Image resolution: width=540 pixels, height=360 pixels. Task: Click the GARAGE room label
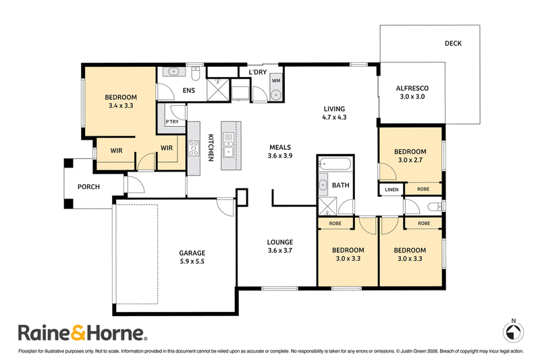pos(192,253)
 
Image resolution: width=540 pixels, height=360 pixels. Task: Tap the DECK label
pos(453,43)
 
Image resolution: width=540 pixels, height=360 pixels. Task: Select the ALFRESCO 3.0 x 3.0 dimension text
pos(412,97)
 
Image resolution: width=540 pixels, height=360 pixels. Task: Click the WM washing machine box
pos(276,80)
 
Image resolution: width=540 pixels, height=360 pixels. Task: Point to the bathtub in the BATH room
pos(335,163)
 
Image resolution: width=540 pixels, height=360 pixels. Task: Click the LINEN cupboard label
pos(391,190)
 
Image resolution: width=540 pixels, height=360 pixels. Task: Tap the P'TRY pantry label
pos(172,122)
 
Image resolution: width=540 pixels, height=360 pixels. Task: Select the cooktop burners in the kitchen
pos(194,148)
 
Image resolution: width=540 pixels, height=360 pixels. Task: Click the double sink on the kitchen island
pos(228,145)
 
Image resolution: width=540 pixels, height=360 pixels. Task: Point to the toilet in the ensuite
pos(195,73)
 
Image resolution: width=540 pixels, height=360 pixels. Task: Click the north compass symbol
pos(513,332)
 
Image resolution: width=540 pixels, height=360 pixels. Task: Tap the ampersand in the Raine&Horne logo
pos(78,332)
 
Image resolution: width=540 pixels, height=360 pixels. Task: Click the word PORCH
pos(88,186)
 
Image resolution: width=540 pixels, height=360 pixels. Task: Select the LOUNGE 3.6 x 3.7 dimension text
pos(280,251)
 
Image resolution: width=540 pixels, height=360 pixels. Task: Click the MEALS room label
pos(280,147)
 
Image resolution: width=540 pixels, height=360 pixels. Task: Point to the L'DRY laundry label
pos(258,72)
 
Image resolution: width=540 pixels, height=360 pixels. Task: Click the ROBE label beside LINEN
pos(423,189)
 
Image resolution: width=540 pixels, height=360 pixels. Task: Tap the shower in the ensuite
pos(218,90)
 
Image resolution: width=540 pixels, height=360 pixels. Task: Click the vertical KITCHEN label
pos(211,147)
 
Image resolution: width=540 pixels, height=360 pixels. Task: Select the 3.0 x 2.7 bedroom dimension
pos(410,160)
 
